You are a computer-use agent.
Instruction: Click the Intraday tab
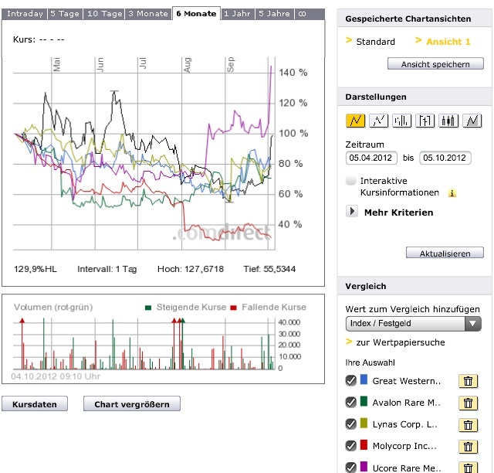click(25, 14)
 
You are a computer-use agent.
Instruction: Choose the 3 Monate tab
click(147, 14)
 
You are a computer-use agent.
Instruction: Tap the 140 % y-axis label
click(293, 73)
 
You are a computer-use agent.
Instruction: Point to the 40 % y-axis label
click(290, 224)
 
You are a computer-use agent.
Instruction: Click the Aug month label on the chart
click(187, 68)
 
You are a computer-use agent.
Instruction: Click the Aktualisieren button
click(445, 254)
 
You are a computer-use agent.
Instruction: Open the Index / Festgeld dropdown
click(414, 324)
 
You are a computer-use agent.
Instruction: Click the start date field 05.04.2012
click(370, 158)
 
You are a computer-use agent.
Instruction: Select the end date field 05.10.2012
click(445, 158)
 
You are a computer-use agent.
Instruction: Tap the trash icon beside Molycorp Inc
click(468, 447)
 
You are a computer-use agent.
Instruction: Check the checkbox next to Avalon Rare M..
click(351, 402)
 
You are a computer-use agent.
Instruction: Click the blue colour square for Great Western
click(363, 380)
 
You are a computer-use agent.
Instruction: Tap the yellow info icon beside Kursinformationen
click(452, 193)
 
